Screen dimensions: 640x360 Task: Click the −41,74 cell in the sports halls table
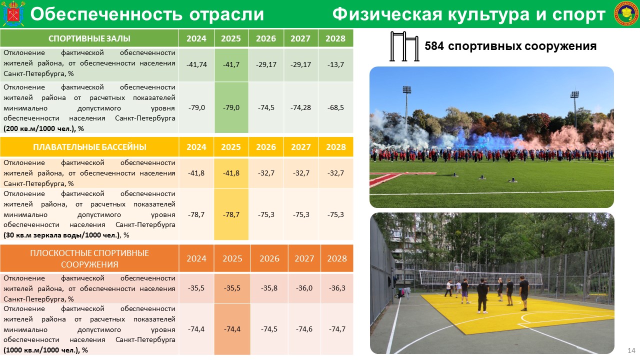(196, 64)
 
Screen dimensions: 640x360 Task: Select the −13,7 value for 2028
(335, 64)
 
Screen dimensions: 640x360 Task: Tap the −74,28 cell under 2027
(300, 107)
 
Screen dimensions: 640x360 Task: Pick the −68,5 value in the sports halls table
(335, 107)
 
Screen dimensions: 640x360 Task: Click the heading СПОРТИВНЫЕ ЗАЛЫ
(89, 38)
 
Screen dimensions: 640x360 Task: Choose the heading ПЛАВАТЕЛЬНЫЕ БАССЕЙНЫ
(89, 147)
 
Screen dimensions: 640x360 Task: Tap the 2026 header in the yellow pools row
(266, 147)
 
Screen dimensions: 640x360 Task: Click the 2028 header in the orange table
(337, 258)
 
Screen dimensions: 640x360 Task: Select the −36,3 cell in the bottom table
(337, 288)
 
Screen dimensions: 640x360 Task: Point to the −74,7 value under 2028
(337, 329)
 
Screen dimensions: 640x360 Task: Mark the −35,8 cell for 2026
(269, 288)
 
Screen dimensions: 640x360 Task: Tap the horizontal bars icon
(404, 46)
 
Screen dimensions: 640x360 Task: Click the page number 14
(631, 350)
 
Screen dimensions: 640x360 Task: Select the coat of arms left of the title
(13, 13)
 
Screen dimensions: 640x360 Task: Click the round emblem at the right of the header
(625, 13)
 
